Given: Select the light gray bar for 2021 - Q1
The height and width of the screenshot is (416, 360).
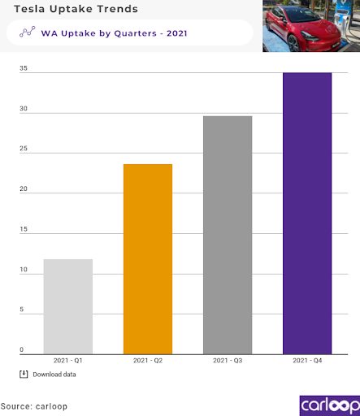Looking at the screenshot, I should click(68, 306).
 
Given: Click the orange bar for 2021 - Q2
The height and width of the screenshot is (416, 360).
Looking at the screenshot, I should click(147, 258).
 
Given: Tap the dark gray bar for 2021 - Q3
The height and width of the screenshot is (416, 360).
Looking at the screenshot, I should click(227, 235).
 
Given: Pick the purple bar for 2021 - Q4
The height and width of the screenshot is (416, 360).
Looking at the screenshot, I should click(306, 213).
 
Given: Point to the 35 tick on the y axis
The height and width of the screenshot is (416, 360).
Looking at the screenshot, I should click(24, 68).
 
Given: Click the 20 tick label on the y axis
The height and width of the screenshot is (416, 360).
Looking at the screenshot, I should click(24, 189).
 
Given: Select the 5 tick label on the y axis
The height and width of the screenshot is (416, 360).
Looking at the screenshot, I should click(23, 310).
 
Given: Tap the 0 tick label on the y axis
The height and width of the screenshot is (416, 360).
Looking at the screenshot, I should click(23, 350).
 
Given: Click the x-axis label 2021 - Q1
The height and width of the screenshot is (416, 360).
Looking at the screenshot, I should click(68, 360).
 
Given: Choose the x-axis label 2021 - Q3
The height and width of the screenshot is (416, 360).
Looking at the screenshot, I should click(227, 360).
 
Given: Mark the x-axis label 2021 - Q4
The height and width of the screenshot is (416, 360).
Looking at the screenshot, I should click(306, 360).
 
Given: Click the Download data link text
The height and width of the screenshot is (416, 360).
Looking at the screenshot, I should click(54, 375).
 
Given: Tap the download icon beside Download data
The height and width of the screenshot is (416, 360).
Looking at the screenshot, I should click(24, 374).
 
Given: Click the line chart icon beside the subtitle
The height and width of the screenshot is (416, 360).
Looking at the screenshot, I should click(27, 32).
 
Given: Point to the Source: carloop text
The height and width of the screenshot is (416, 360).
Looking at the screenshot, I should click(35, 405).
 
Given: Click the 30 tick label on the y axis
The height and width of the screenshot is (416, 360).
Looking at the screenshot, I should click(24, 109).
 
